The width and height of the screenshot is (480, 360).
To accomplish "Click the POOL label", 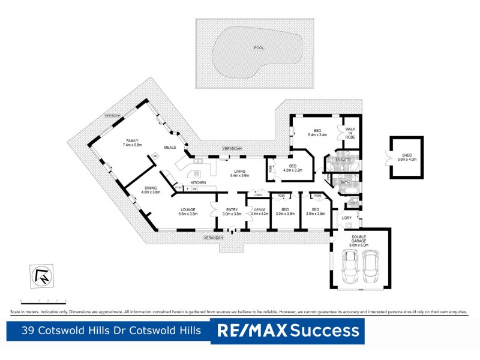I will point(259,48).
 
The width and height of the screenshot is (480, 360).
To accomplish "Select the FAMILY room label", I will point(132,143).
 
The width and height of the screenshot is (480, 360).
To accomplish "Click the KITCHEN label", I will point(199,182).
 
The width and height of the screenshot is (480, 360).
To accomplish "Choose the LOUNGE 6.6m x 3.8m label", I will point(188,211).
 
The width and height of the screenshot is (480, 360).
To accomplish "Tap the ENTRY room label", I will point(232,211).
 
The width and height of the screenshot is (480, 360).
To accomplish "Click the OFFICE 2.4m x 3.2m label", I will point(259,211).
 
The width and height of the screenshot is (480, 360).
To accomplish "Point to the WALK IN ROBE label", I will point(350,133).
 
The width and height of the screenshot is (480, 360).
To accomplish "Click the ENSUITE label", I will point(343,160).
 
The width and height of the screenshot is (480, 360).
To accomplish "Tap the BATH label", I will point(344,182).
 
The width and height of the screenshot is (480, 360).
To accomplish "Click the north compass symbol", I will point(43,276).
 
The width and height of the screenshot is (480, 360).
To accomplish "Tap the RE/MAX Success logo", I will point(287,330).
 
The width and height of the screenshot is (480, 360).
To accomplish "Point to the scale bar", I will point(43,299).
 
